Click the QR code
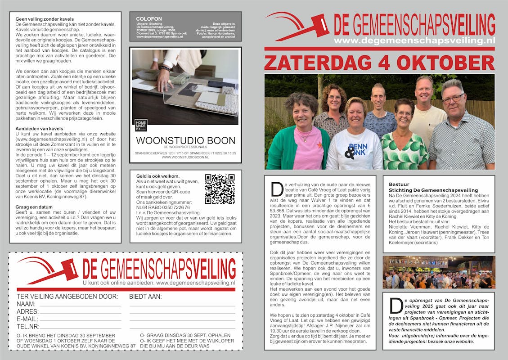tap(219, 189)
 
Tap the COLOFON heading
tap(149, 19)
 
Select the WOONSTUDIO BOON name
tap(185, 140)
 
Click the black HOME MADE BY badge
tap(141, 125)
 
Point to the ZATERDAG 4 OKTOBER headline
tap(379, 62)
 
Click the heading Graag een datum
tap(34, 207)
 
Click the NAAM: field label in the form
tap(26, 304)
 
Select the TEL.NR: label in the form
tap(28, 326)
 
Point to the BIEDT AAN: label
tap(145, 297)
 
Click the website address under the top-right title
tap(414, 40)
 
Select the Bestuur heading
tap(399, 184)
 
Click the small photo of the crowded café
tap(438, 272)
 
